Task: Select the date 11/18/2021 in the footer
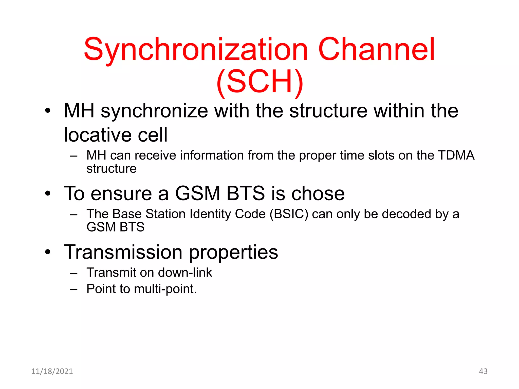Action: coord(52,371)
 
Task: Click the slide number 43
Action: coord(483,371)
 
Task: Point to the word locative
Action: coord(97,135)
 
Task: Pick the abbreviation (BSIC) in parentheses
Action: coord(289,214)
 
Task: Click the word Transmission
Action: coord(123,252)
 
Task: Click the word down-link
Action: coord(185,273)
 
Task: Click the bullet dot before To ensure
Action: coord(48,194)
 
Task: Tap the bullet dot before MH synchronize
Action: coord(48,111)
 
